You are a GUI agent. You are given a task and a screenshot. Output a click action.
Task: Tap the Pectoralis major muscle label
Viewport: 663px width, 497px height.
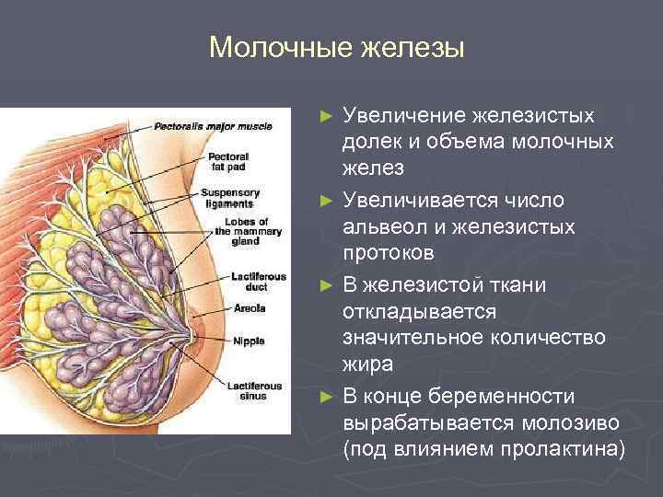[213, 125]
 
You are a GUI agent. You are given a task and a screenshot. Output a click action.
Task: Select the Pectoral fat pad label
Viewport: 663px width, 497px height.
[228, 162]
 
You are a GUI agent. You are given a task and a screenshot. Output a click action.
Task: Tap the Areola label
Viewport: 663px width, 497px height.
[250, 307]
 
